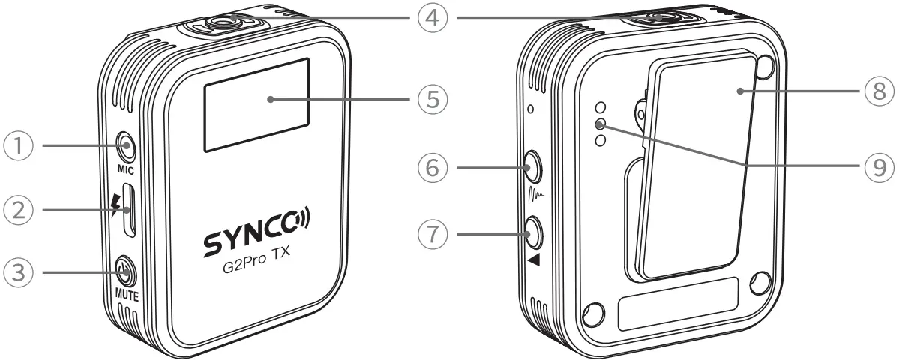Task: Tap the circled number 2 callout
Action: coord(20,208)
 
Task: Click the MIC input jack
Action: coord(125,145)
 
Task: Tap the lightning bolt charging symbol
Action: coord(114,205)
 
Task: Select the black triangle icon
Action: coord(533,259)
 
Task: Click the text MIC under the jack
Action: coord(124,169)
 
